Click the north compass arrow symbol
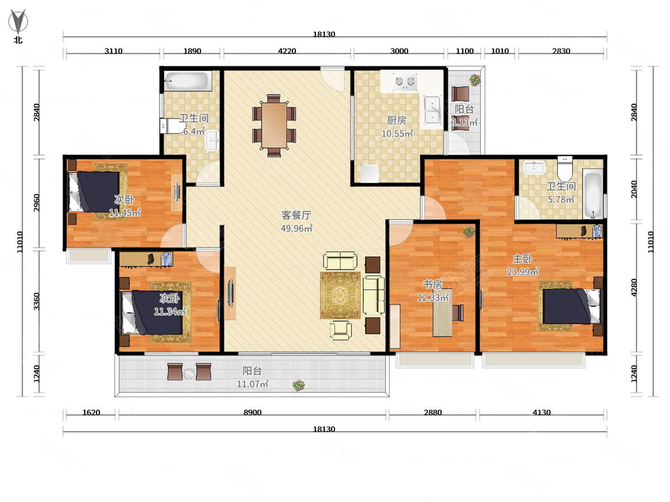[x=18, y=21]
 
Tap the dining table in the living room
[x=274, y=126]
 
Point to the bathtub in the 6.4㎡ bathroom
[x=188, y=81]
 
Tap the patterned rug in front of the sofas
[x=340, y=295]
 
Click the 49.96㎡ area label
[x=296, y=228]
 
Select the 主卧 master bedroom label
[x=522, y=259]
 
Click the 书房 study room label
[x=433, y=284]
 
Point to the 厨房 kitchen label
[x=397, y=120]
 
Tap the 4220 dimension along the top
[x=287, y=51]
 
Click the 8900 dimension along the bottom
[x=252, y=412]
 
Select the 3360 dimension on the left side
[x=36, y=301]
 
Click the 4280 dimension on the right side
[x=634, y=287]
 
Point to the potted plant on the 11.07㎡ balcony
[x=299, y=385]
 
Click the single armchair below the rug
[x=341, y=330]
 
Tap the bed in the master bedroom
[x=571, y=306]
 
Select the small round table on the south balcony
[x=189, y=373]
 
